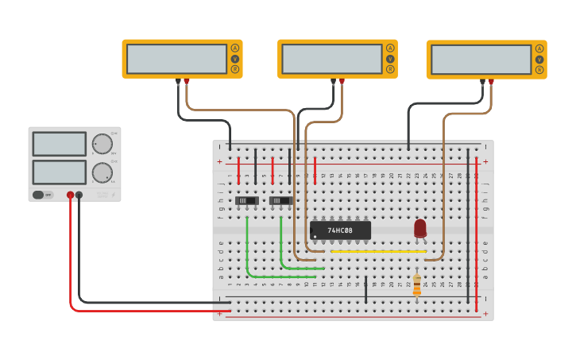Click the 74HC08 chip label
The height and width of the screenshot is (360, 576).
click(x=341, y=230)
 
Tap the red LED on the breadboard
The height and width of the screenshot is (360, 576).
click(x=420, y=229)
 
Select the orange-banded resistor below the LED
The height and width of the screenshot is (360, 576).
click(x=417, y=285)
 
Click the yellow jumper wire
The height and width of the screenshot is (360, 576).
click(x=378, y=251)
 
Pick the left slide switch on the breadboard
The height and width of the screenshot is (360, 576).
click(x=246, y=201)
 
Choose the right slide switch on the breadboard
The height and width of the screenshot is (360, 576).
click(x=280, y=201)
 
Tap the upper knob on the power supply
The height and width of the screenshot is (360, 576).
click(x=102, y=144)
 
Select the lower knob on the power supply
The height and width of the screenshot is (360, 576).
click(x=102, y=172)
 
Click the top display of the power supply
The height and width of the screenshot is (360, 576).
click(x=59, y=144)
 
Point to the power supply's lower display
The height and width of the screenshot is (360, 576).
click(x=59, y=172)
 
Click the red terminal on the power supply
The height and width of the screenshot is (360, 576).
click(x=70, y=195)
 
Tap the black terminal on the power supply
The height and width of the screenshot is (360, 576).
click(x=79, y=195)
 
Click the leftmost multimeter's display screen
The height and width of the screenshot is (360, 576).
click(x=176, y=59)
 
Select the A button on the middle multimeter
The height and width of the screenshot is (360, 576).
click(x=390, y=48)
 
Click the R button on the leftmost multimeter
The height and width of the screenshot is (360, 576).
click(x=234, y=70)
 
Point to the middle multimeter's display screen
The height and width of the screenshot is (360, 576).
click(x=332, y=59)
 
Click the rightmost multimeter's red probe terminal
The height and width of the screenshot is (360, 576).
click(x=491, y=82)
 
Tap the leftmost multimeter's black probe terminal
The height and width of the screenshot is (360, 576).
click(x=178, y=81)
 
